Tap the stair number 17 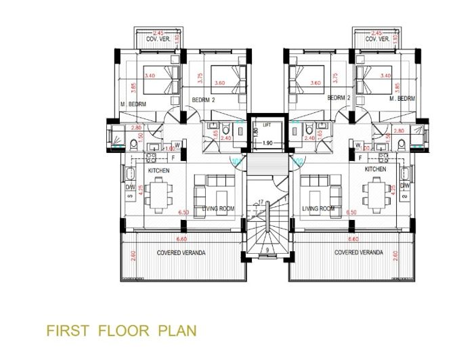(261, 202)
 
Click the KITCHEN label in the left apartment (158, 170)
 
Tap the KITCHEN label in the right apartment (375, 169)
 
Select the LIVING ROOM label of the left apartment (219, 209)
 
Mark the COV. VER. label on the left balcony (159, 39)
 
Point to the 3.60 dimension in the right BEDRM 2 (314, 83)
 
